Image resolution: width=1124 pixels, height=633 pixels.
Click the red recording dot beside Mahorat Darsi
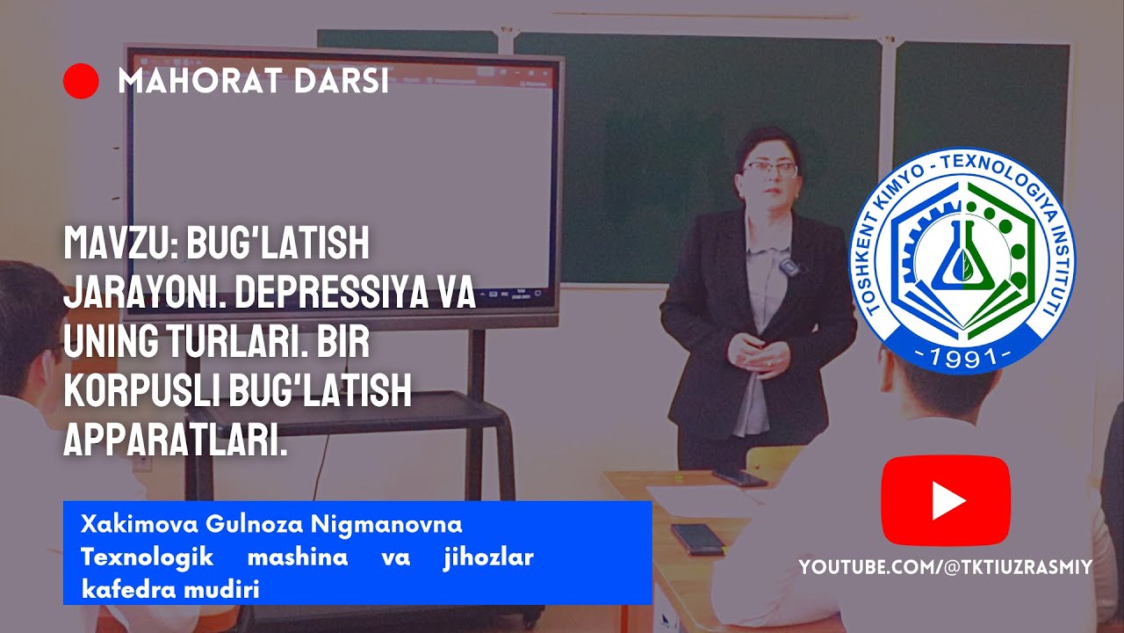click(81, 82)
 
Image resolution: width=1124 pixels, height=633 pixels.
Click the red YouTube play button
click(946, 500)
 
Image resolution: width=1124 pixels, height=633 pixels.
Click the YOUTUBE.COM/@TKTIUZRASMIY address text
click(945, 568)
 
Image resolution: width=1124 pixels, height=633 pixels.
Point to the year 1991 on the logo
click(963, 356)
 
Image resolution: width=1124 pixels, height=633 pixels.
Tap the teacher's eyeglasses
click(769, 167)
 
